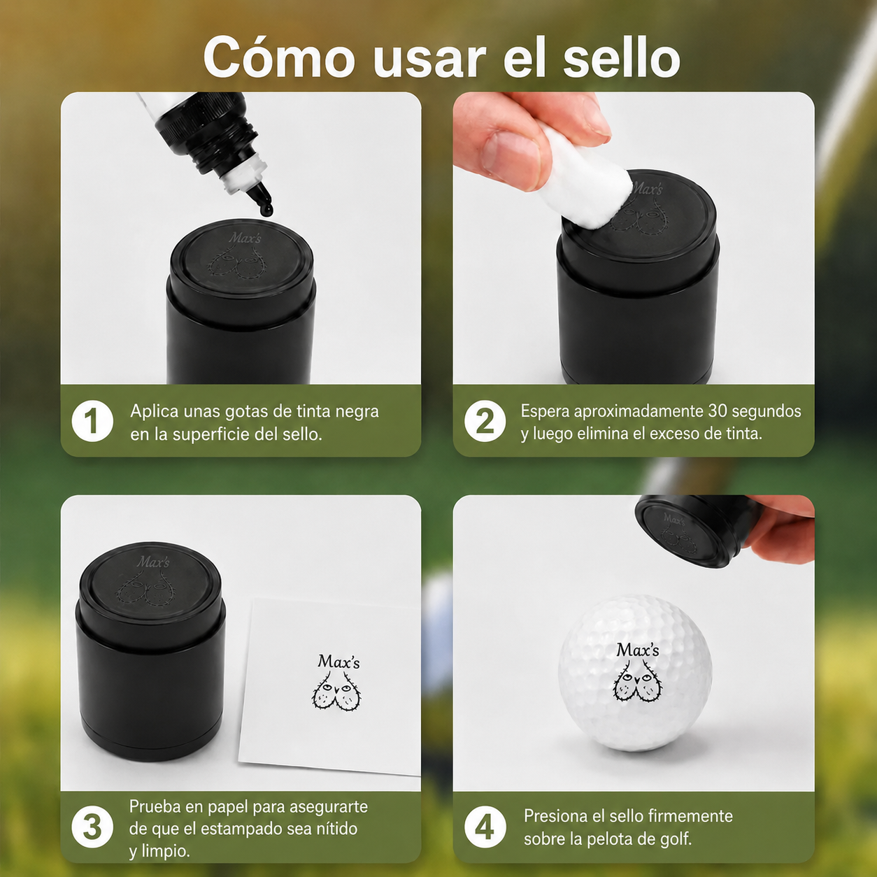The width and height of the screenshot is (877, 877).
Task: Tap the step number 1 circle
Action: tap(92, 421)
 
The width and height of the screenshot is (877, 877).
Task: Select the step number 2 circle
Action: tap(485, 421)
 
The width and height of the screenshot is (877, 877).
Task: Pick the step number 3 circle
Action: tap(92, 827)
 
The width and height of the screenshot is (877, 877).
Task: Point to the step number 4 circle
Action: tap(485, 827)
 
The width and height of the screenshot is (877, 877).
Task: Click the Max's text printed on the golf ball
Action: tap(637, 650)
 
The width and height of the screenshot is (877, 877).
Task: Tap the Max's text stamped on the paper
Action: tap(338, 662)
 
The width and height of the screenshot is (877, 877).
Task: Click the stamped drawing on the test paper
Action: tap(337, 693)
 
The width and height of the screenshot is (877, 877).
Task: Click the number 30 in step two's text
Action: tap(718, 411)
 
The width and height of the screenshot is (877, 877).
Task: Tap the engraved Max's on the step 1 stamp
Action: tap(244, 238)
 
